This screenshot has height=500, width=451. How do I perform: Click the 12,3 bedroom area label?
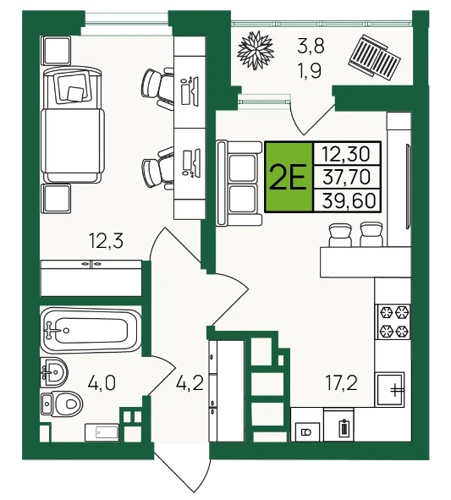click(x=107, y=241)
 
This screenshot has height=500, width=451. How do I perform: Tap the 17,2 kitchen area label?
click(x=341, y=383)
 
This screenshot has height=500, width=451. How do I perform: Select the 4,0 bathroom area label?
click(x=102, y=383)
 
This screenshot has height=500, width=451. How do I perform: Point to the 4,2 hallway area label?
click(x=190, y=383)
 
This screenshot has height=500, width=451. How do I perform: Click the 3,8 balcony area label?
click(x=311, y=46)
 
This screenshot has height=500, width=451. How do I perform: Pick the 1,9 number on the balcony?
click(x=309, y=71)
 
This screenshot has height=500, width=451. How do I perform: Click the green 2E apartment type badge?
click(x=289, y=177)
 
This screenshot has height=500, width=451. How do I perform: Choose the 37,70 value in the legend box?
click(x=346, y=177)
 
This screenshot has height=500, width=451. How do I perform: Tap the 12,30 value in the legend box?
click(x=346, y=154)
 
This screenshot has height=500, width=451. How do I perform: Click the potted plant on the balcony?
click(x=256, y=50)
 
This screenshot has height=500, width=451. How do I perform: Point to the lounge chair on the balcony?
click(x=374, y=58)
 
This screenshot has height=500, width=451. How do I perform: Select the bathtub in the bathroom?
click(x=91, y=330)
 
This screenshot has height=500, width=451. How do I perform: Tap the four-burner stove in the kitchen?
click(x=394, y=321)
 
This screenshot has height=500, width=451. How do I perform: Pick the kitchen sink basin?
click(x=389, y=389)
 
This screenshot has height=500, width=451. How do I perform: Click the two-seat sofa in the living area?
click(x=239, y=184)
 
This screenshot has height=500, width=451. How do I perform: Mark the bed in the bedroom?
click(x=73, y=125)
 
